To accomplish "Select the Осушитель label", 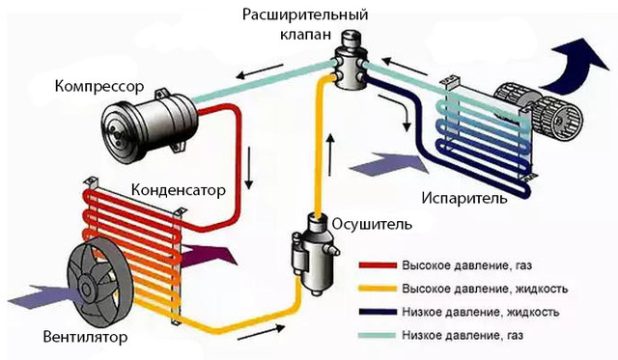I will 372,224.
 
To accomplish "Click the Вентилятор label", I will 86,338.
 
